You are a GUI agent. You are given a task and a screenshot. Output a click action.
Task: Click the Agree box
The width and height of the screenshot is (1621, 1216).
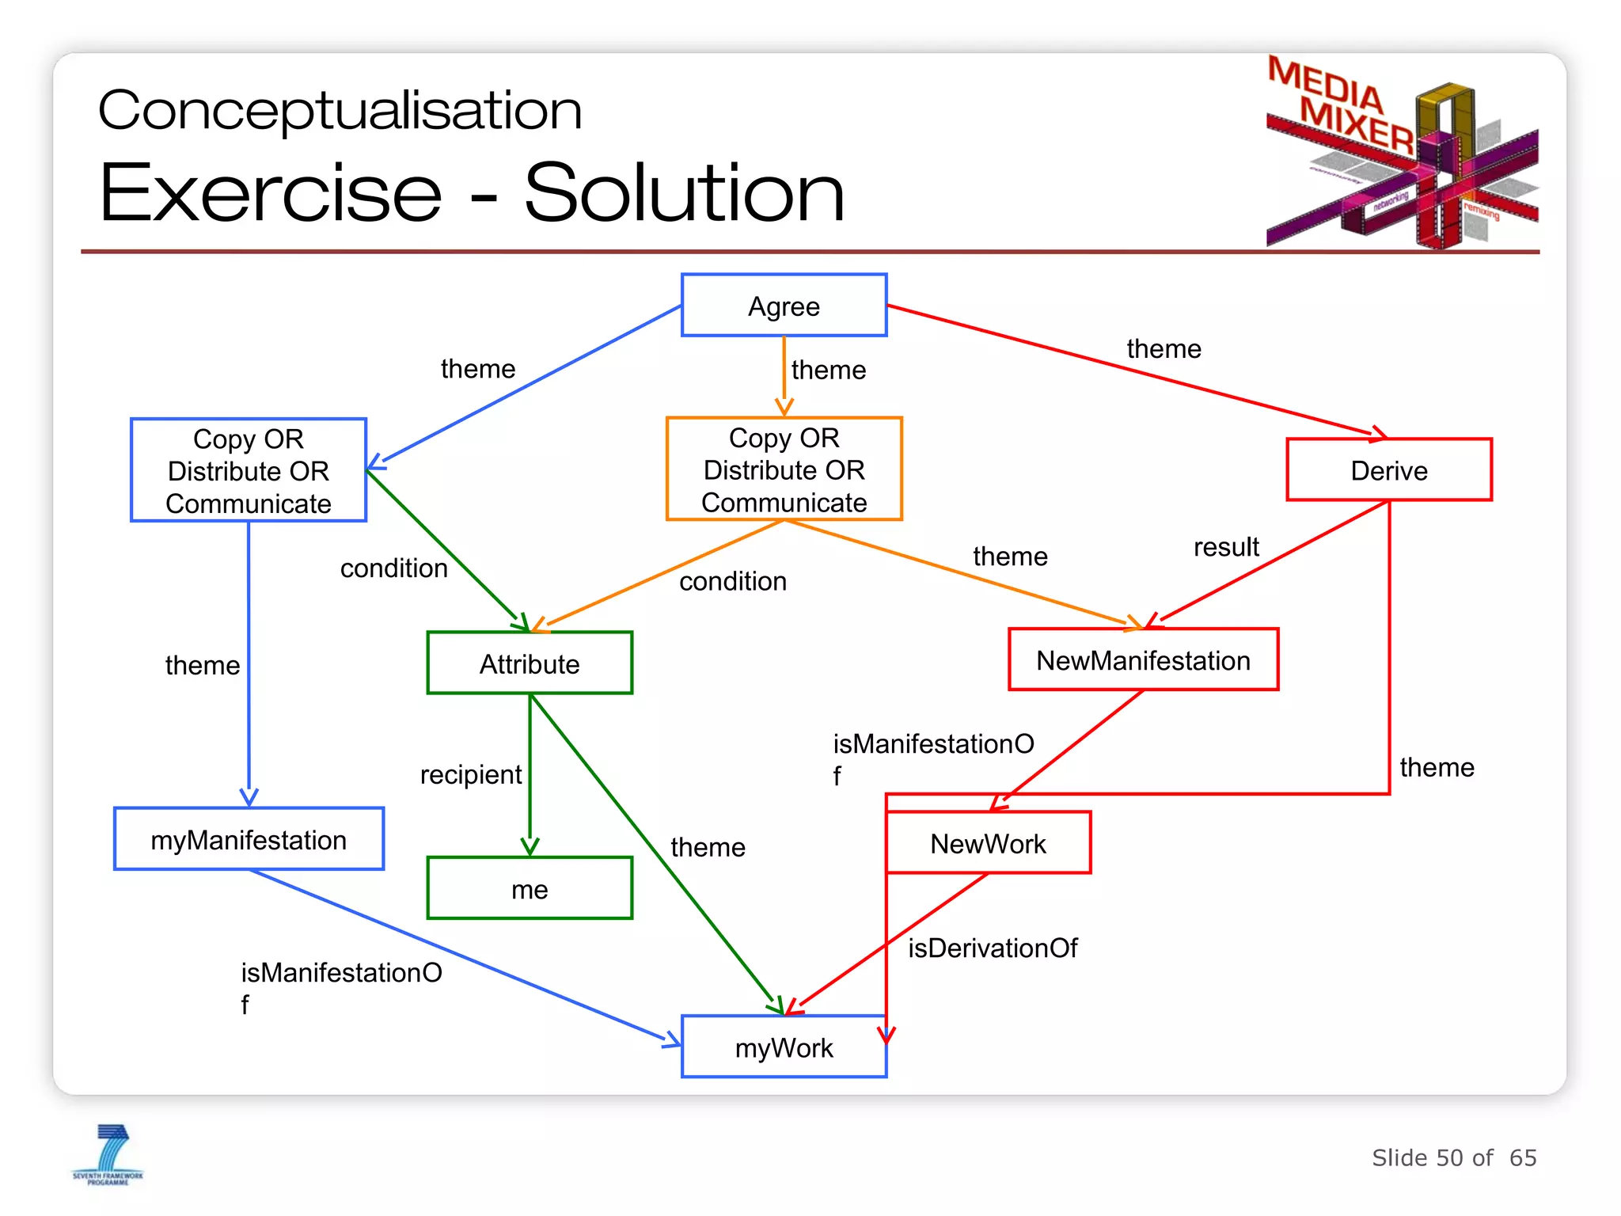pyautogui.click(x=784, y=306)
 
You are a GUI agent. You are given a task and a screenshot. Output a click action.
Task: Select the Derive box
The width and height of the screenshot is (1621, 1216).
pyautogui.click(x=1388, y=470)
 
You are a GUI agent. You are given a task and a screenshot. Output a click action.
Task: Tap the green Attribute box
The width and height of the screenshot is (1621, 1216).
pyautogui.click(x=530, y=663)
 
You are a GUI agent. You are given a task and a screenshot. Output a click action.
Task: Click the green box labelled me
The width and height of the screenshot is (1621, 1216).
pyautogui.click(x=530, y=888)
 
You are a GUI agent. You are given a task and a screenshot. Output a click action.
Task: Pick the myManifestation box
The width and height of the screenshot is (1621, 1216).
pyautogui.click(x=249, y=839)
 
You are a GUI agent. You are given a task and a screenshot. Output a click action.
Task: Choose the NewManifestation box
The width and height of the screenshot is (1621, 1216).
pyautogui.click(x=1143, y=660)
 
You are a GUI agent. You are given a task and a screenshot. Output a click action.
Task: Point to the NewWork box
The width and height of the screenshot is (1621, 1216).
pyautogui.click(x=988, y=843)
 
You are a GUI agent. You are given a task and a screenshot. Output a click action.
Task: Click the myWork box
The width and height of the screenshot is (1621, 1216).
pyautogui.click(x=784, y=1047)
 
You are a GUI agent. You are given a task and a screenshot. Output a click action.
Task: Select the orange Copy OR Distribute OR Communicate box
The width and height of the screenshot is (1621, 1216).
pyautogui.click(x=784, y=469)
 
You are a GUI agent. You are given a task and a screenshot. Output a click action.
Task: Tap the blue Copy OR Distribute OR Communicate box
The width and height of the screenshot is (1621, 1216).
pyautogui.click(x=249, y=470)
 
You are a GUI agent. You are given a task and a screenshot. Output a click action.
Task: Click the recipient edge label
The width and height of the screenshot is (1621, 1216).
pyautogui.click(x=470, y=774)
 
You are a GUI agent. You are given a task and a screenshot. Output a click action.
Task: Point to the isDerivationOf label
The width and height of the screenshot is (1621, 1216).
pyautogui.click(x=993, y=948)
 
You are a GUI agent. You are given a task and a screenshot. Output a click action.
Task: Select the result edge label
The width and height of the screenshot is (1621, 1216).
pyautogui.click(x=1225, y=547)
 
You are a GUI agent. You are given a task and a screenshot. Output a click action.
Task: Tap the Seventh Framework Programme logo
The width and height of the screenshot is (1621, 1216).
pyautogui.click(x=108, y=1154)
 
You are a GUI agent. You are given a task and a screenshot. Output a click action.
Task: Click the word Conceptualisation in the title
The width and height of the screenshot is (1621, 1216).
pyautogui.click(x=340, y=110)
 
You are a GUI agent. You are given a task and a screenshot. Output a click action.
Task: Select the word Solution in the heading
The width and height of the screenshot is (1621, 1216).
pyautogui.click(x=684, y=193)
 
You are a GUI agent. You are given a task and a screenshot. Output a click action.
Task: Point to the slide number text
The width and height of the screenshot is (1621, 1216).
pyautogui.click(x=1453, y=1157)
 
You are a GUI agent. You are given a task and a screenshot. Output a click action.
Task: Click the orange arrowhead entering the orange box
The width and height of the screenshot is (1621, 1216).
pyautogui.click(x=784, y=407)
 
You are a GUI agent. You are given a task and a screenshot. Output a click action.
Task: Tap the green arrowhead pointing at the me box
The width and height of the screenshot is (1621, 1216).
pyautogui.click(x=530, y=846)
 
